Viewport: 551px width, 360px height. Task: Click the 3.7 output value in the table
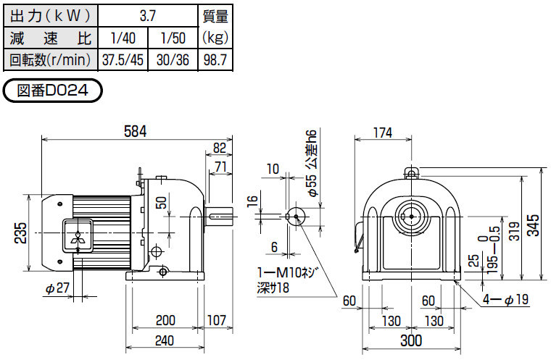pyautogui.click(x=147, y=14)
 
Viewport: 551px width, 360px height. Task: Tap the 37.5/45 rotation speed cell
pyautogui.click(x=121, y=59)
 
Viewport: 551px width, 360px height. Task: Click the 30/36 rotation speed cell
pyautogui.click(x=173, y=59)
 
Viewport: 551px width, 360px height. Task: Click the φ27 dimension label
pyautogui.click(x=57, y=288)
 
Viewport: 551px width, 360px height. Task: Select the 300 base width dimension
pyautogui.click(x=411, y=340)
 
